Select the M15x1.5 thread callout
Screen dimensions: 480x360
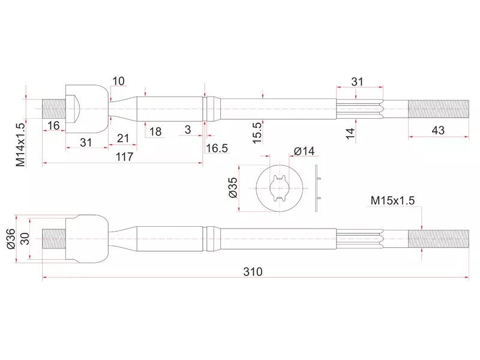(392, 200)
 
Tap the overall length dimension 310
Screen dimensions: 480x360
(253, 272)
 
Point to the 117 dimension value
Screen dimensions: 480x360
(124, 157)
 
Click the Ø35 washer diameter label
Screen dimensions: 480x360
(233, 188)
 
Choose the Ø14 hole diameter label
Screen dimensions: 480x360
(304, 151)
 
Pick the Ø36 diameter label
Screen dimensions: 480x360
(10, 238)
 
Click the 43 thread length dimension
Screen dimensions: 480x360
(438, 130)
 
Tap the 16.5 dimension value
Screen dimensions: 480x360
(217, 148)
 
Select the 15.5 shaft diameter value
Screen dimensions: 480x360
(257, 133)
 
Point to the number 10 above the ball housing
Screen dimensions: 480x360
(118, 81)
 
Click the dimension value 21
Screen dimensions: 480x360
(123, 139)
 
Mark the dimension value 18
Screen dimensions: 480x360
(155, 131)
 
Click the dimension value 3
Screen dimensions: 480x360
(188, 130)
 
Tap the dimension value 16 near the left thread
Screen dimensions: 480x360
(53, 125)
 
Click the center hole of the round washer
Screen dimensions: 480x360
(280, 188)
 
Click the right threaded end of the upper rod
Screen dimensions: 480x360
(439, 109)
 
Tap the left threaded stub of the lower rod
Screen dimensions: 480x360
(54, 239)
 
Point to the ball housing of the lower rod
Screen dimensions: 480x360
(87, 239)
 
